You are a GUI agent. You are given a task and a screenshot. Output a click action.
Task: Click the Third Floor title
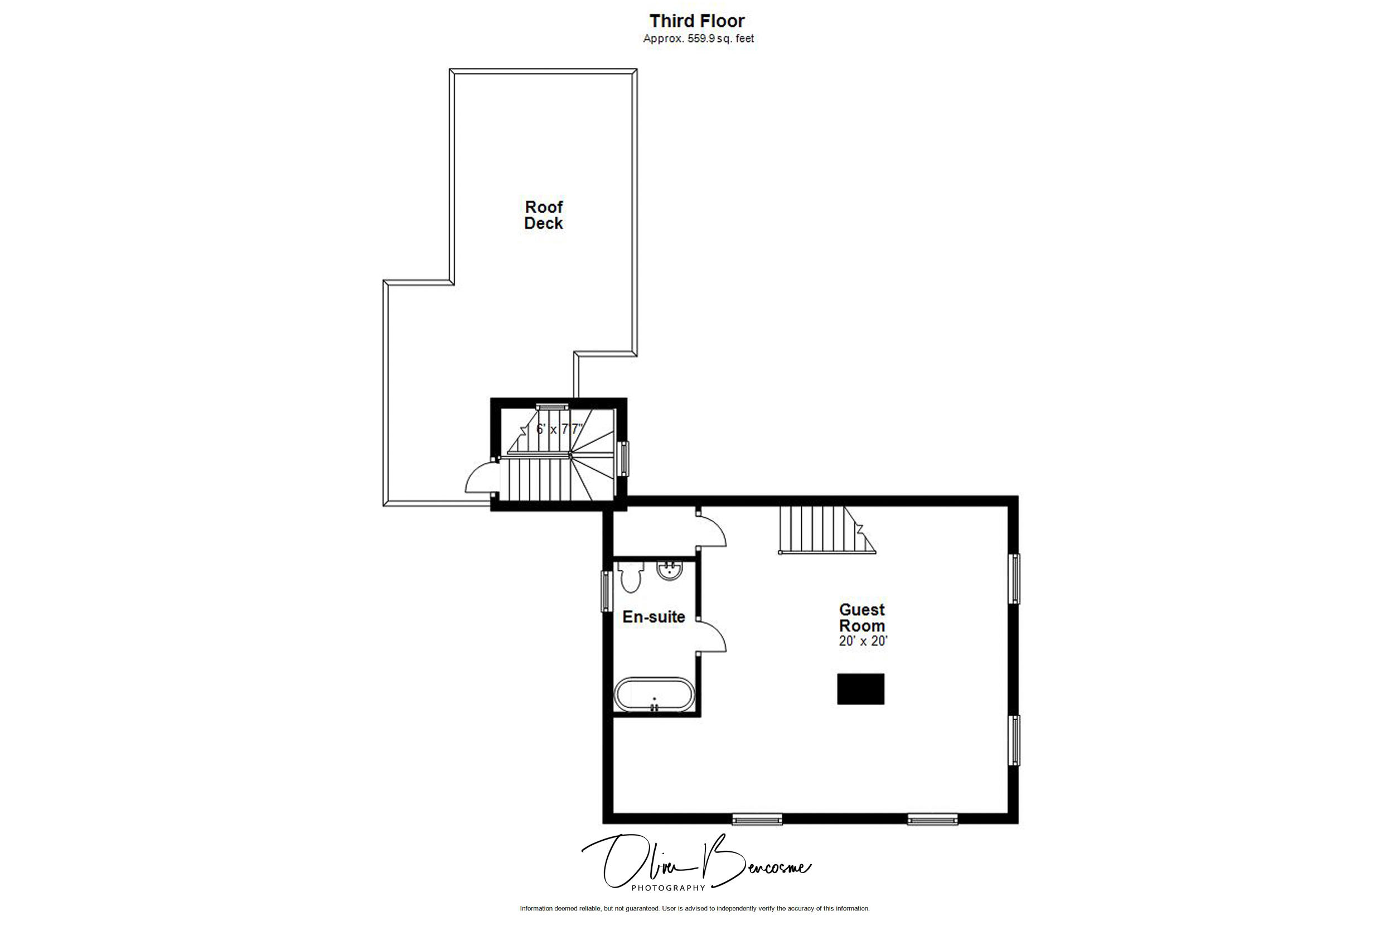[x=697, y=21]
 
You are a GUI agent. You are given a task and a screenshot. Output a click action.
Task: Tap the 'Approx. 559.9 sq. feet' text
[x=698, y=39]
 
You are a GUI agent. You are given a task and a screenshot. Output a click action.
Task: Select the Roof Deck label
[x=544, y=215]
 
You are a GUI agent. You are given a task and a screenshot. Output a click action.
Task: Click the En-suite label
[x=653, y=617]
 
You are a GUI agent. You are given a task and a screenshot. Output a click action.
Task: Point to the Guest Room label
[x=861, y=618]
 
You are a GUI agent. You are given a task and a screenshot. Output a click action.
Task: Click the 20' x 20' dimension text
[x=863, y=641]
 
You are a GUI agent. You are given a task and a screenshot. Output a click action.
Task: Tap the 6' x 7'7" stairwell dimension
[x=560, y=429]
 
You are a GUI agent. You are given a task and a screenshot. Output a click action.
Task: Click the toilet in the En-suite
[x=630, y=576]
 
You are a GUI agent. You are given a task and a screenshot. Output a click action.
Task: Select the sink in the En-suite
[x=670, y=571]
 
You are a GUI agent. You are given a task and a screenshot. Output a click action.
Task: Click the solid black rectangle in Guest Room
[x=860, y=688]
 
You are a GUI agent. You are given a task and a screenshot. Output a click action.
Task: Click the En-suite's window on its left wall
[x=606, y=591]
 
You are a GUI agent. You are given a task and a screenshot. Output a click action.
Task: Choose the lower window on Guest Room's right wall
[x=1015, y=740]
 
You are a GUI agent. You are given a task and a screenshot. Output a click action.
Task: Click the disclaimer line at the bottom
[x=695, y=924]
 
